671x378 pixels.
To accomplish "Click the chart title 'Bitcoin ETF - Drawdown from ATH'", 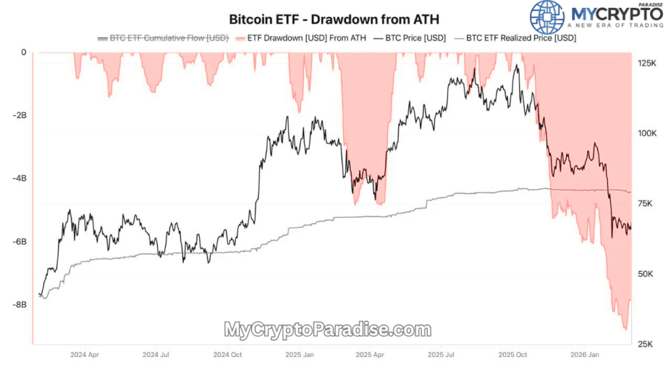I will click(334, 19).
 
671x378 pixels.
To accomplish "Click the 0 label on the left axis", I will click(23, 52).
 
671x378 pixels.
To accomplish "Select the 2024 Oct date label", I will click(227, 354).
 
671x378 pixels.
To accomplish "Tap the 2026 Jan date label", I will click(585, 354).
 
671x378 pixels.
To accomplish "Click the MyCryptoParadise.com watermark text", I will click(328, 329).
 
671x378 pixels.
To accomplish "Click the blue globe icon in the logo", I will click(546, 17).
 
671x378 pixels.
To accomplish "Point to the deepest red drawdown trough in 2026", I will click(625, 329).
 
